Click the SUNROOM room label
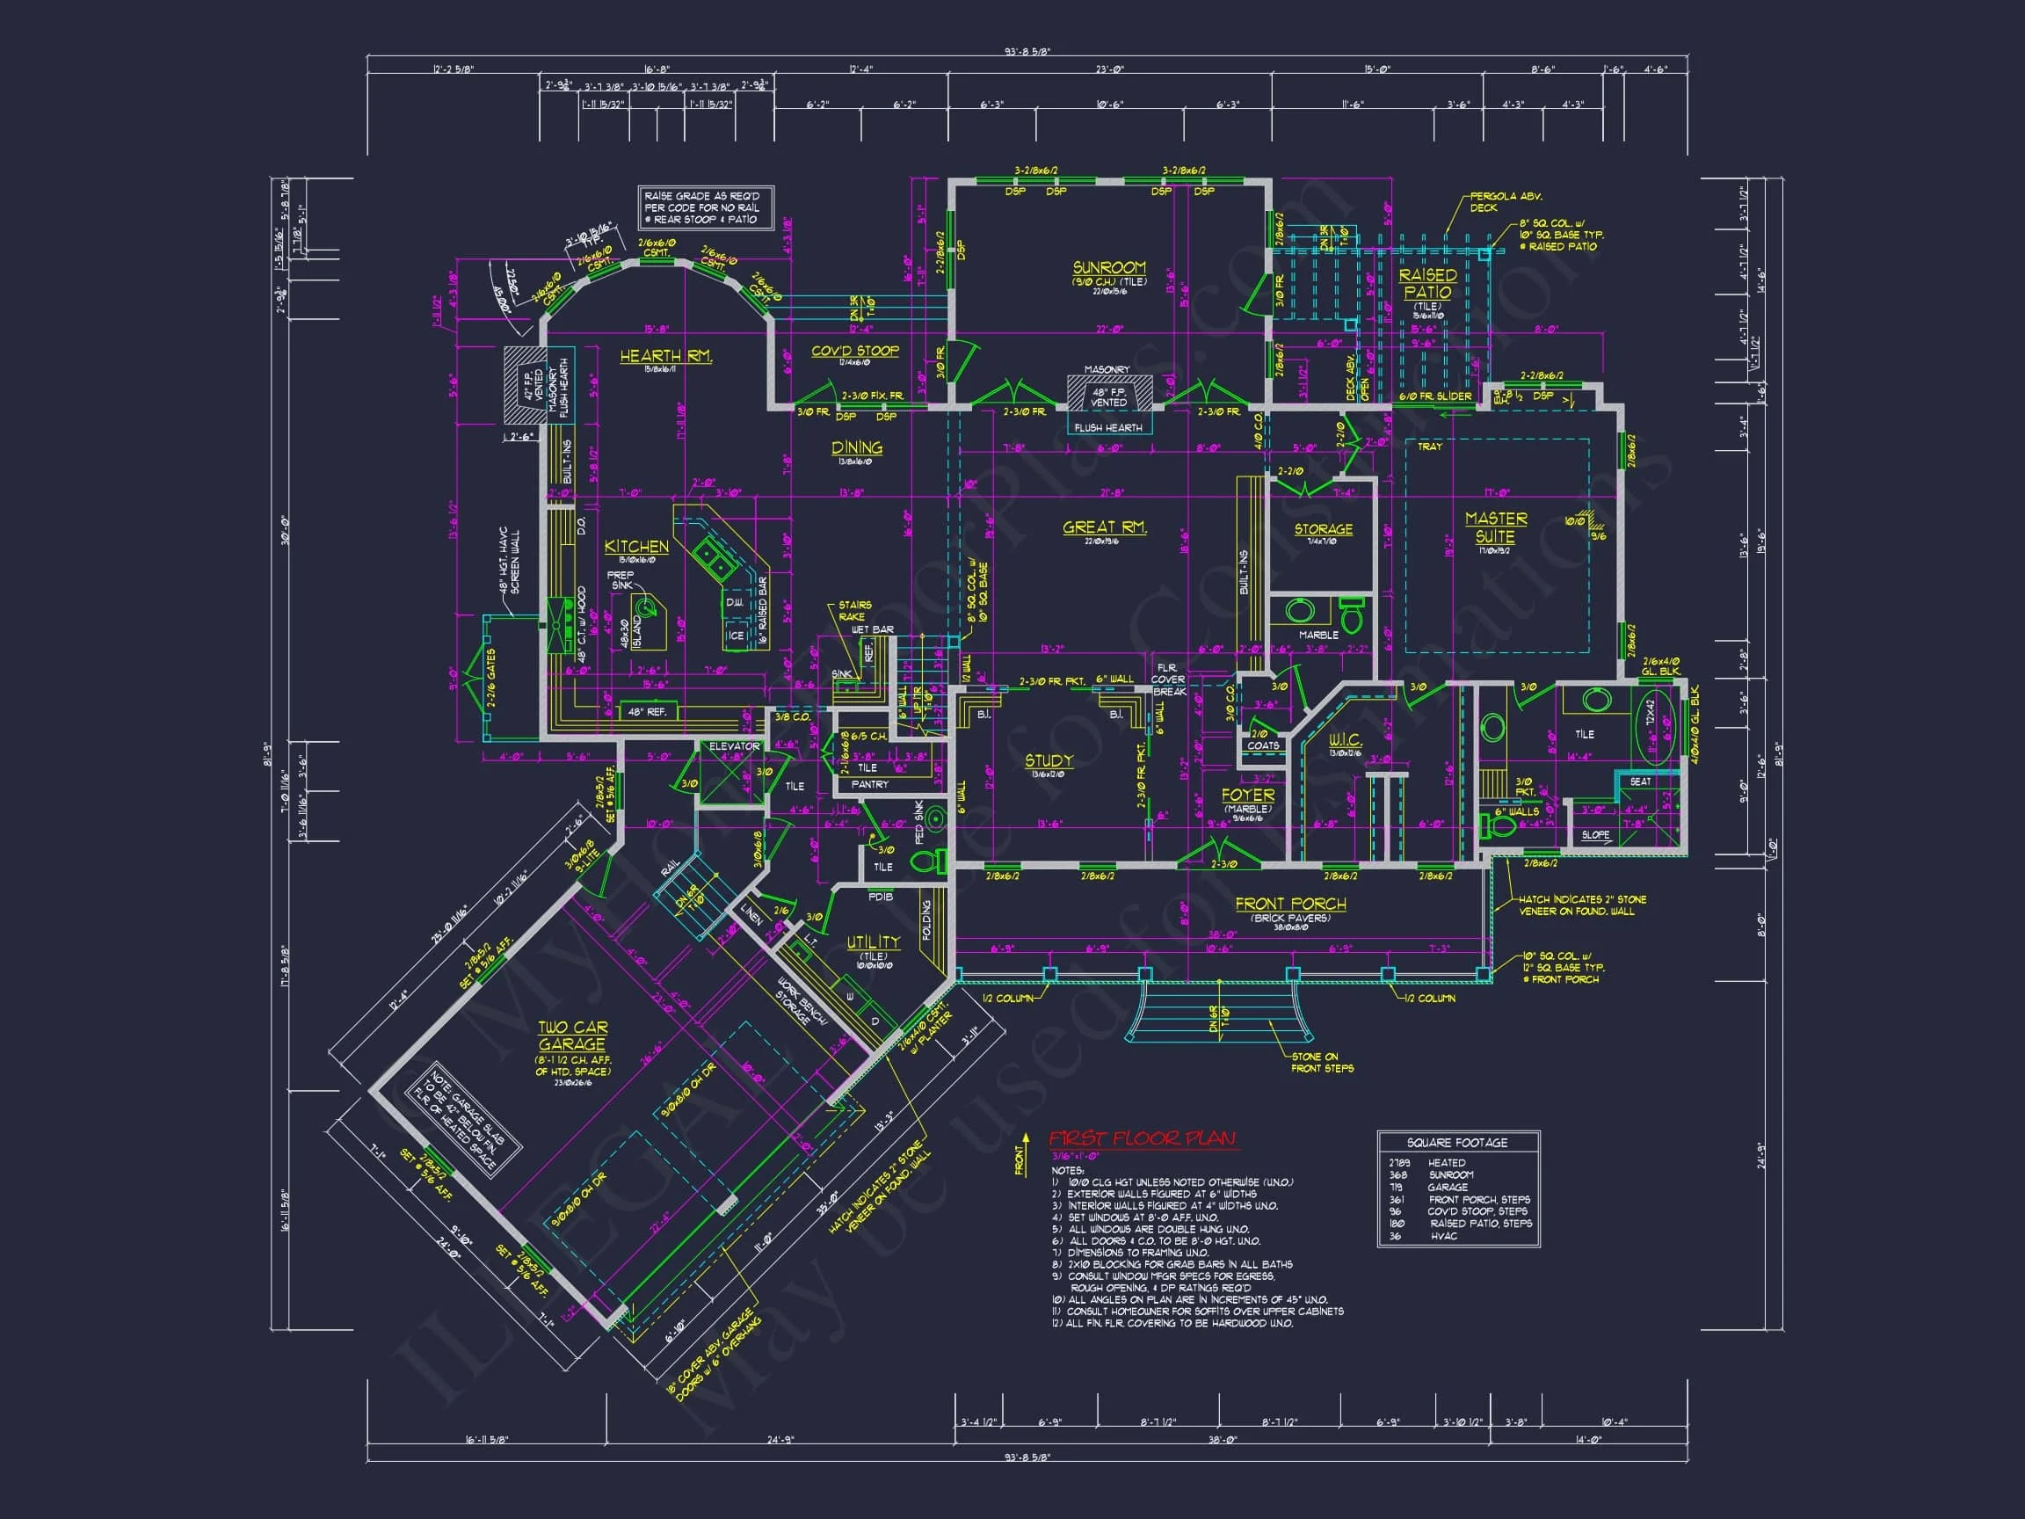1108,268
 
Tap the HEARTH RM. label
665,356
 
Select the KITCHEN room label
636,547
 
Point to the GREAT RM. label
1104,527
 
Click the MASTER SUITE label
1495,527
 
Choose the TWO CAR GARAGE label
572,1036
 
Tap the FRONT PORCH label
1291,904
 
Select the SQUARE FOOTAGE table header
1457,1143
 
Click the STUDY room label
1049,761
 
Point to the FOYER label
1248,795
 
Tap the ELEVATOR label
734,746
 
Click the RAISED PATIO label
1427,283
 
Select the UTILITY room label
873,942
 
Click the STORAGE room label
1323,529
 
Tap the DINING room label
857,447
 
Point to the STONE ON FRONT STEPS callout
1322,1062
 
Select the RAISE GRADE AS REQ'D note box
706,207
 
